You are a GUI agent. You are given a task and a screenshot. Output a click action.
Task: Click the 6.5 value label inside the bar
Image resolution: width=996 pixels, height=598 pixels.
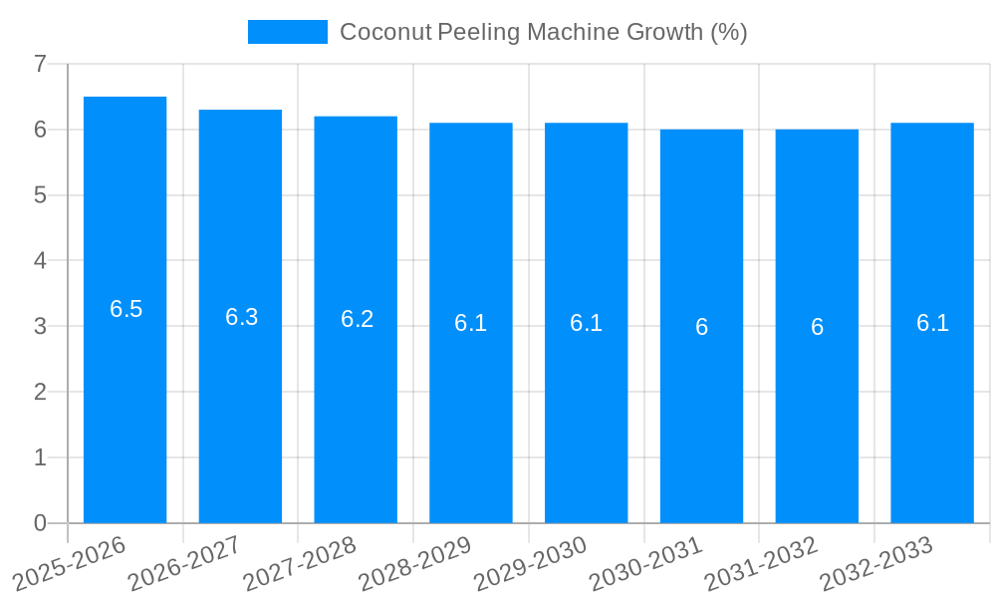(125, 309)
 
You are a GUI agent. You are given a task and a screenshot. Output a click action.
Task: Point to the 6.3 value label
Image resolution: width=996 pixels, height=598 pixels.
(241, 317)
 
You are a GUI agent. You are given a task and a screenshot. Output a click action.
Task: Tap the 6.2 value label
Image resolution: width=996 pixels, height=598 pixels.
(357, 319)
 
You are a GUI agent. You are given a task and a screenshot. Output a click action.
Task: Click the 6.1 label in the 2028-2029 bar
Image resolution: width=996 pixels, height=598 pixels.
(470, 323)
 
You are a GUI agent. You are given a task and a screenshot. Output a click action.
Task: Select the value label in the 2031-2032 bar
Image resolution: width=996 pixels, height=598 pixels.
(817, 327)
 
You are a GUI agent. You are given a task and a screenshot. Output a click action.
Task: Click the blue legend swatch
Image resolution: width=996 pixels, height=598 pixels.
(287, 32)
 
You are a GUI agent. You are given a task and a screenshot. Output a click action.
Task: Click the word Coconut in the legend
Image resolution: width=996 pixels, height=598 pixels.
(385, 32)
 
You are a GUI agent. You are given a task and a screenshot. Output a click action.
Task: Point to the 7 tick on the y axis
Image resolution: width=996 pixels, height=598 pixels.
(40, 64)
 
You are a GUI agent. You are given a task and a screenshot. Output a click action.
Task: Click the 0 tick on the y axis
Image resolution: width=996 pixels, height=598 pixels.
(40, 523)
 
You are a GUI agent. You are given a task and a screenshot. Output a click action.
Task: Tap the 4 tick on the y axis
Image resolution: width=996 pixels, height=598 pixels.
(40, 261)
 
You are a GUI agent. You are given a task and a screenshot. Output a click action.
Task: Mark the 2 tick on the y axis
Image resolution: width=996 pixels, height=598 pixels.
(40, 392)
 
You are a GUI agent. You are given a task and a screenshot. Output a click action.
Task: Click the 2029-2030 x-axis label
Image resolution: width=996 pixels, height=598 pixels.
(530, 563)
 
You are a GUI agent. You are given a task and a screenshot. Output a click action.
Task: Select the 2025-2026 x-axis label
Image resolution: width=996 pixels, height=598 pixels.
(69, 563)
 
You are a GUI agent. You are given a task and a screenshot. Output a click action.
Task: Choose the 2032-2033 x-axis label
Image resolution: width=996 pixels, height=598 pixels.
(875, 563)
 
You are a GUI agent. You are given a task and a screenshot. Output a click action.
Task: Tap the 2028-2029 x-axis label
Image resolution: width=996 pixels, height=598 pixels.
(414, 563)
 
